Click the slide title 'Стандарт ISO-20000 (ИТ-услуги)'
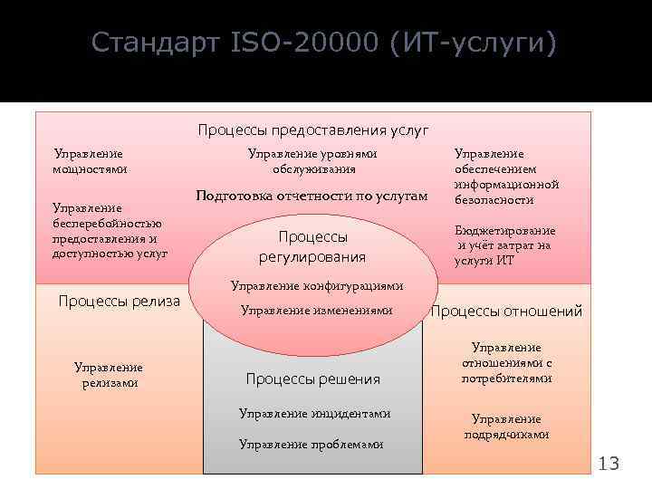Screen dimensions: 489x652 pos(325,43)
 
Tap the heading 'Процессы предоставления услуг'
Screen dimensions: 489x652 pos(313,130)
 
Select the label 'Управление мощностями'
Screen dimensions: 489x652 pos(89,161)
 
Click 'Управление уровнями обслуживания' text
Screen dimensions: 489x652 pos(313,161)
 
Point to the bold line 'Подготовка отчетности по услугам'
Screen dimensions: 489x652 pos(312,196)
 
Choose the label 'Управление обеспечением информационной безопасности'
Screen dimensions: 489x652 pos(505,177)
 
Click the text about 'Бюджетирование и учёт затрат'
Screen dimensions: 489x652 pos(504,245)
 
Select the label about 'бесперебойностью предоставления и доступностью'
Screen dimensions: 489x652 pos(110,232)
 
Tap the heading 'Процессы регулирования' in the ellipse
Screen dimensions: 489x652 pos(312,246)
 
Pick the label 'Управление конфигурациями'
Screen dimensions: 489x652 pos(316,286)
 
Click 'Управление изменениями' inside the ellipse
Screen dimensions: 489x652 pos(316,311)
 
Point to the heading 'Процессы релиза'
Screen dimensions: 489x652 pos(119,302)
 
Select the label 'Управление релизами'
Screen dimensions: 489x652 pos(108,375)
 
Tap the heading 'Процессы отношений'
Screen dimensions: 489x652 pos(506,312)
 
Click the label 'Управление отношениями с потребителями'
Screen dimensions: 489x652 pos(506,363)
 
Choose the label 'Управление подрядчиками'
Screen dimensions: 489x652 pos(506,427)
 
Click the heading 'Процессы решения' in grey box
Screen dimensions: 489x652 pos(312,379)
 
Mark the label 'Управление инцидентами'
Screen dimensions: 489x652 pos(314,414)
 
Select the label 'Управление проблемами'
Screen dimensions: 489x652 pos(311,445)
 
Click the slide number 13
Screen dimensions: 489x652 pos(609,465)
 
